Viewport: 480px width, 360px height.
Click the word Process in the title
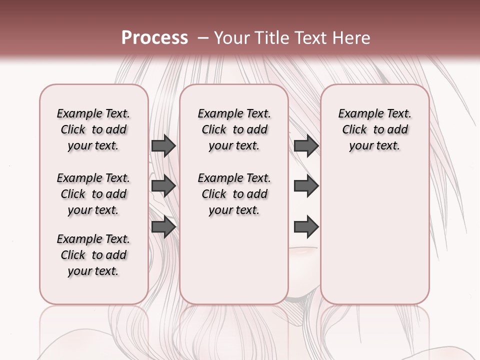[x=154, y=38]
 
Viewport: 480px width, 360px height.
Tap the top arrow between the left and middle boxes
[x=163, y=146]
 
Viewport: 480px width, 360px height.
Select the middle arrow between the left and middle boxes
[x=163, y=186]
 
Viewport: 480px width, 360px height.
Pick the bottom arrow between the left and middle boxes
[x=163, y=226]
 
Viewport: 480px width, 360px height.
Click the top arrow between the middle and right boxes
[x=306, y=146]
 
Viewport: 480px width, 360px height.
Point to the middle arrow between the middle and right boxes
[x=306, y=186]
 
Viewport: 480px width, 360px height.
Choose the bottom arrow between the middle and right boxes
[x=306, y=226]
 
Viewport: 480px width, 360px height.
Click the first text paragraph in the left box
[x=93, y=129]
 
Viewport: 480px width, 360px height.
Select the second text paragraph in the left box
[x=93, y=194]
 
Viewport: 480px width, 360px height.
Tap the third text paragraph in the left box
[x=93, y=255]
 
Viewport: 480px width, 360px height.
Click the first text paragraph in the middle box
[x=234, y=129]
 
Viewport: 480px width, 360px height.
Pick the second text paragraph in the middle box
[x=234, y=194]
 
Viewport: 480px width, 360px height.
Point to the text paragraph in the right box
[x=375, y=129]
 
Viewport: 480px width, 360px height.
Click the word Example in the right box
[x=361, y=114]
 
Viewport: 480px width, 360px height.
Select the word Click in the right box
[x=354, y=130]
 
